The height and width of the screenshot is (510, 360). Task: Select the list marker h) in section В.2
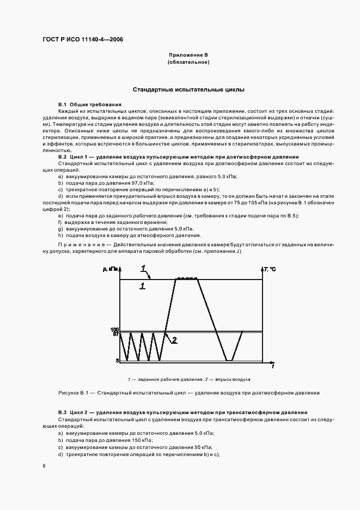60,235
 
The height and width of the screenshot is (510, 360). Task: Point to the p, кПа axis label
109,270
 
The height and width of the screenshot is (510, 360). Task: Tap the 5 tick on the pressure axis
117,361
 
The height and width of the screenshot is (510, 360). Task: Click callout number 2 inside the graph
174,341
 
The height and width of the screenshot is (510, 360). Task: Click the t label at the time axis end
272,366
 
